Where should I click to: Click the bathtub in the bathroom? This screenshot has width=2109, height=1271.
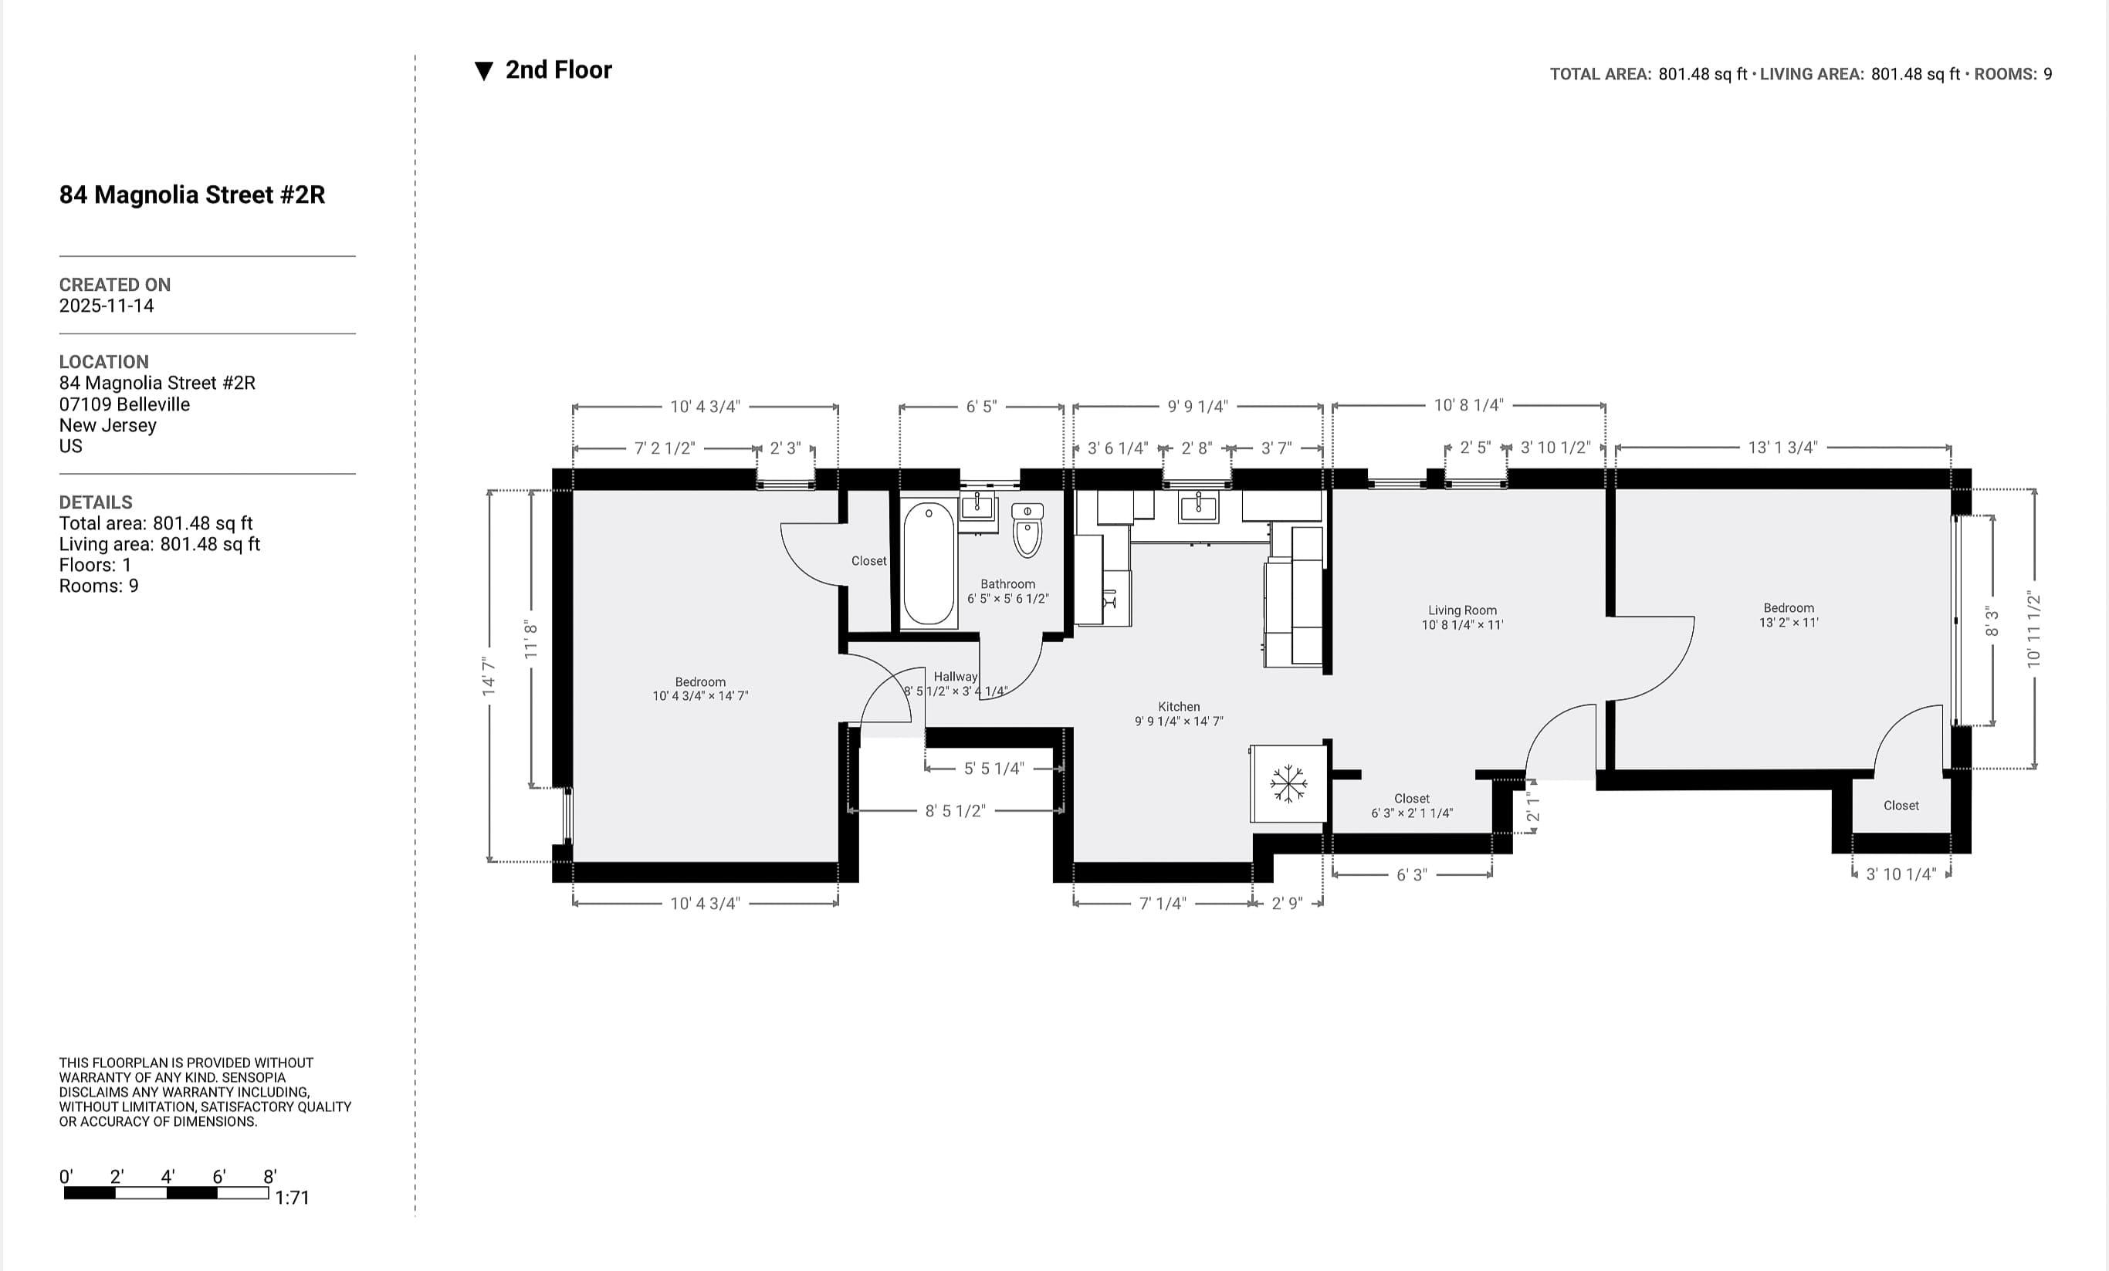(929, 564)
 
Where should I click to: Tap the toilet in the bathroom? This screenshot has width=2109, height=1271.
(1027, 530)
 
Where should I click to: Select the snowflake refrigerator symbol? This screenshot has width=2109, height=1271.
(1288, 784)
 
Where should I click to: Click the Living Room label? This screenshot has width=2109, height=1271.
(1462, 610)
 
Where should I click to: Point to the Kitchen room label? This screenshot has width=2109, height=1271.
(1179, 707)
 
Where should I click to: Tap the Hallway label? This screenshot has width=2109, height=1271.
(955, 676)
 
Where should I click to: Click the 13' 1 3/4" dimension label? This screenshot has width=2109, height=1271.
(1783, 448)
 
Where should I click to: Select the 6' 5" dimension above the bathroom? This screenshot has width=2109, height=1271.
(982, 407)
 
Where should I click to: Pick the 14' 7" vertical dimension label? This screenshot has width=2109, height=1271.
(489, 676)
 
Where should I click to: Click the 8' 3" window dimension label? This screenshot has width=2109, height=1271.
(1992, 621)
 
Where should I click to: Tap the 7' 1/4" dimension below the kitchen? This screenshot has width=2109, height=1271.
(1163, 904)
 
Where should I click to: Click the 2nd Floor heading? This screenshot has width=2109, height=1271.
(558, 70)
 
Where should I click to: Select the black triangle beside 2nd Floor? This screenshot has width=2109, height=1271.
(483, 71)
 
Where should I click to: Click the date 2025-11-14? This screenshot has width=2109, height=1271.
(106, 306)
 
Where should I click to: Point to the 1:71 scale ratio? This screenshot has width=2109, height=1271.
(292, 1198)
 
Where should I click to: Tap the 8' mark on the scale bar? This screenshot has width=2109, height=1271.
(269, 1177)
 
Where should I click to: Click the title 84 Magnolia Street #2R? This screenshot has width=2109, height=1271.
(191, 195)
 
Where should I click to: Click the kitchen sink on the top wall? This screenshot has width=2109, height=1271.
(1198, 507)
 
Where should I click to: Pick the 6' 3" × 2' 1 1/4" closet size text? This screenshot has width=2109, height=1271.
(1411, 813)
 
